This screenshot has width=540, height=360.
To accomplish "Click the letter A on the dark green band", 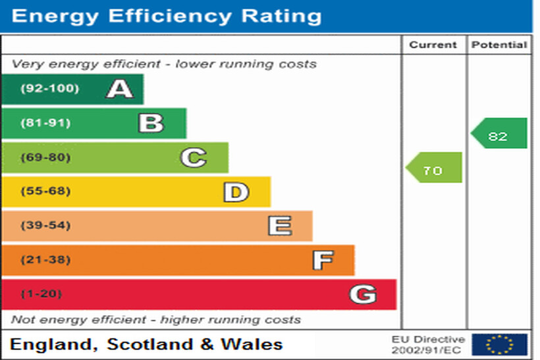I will pyautogui.click(x=120, y=89).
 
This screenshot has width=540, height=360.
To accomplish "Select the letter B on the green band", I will pyautogui.click(x=151, y=123).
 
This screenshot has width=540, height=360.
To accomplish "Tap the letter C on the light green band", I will pyautogui.click(x=194, y=157).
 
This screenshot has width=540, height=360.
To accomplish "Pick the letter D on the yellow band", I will pyautogui.click(x=236, y=192).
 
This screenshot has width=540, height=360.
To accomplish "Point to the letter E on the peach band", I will pyautogui.click(x=279, y=226).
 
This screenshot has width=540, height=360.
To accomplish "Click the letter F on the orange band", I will pyautogui.click(x=322, y=261).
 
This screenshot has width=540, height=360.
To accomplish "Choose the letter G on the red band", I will pyautogui.click(x=363, y=294).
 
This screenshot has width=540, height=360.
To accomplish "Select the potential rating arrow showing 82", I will pyautogui.click(x=499, y=134).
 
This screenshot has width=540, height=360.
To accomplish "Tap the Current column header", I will pyautogui.click(x=433, y=45).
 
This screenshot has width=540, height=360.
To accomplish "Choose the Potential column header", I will pyautogui.click(x=499, y=45).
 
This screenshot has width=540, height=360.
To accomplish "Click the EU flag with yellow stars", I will pyautogui.click(x=499, y=344).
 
